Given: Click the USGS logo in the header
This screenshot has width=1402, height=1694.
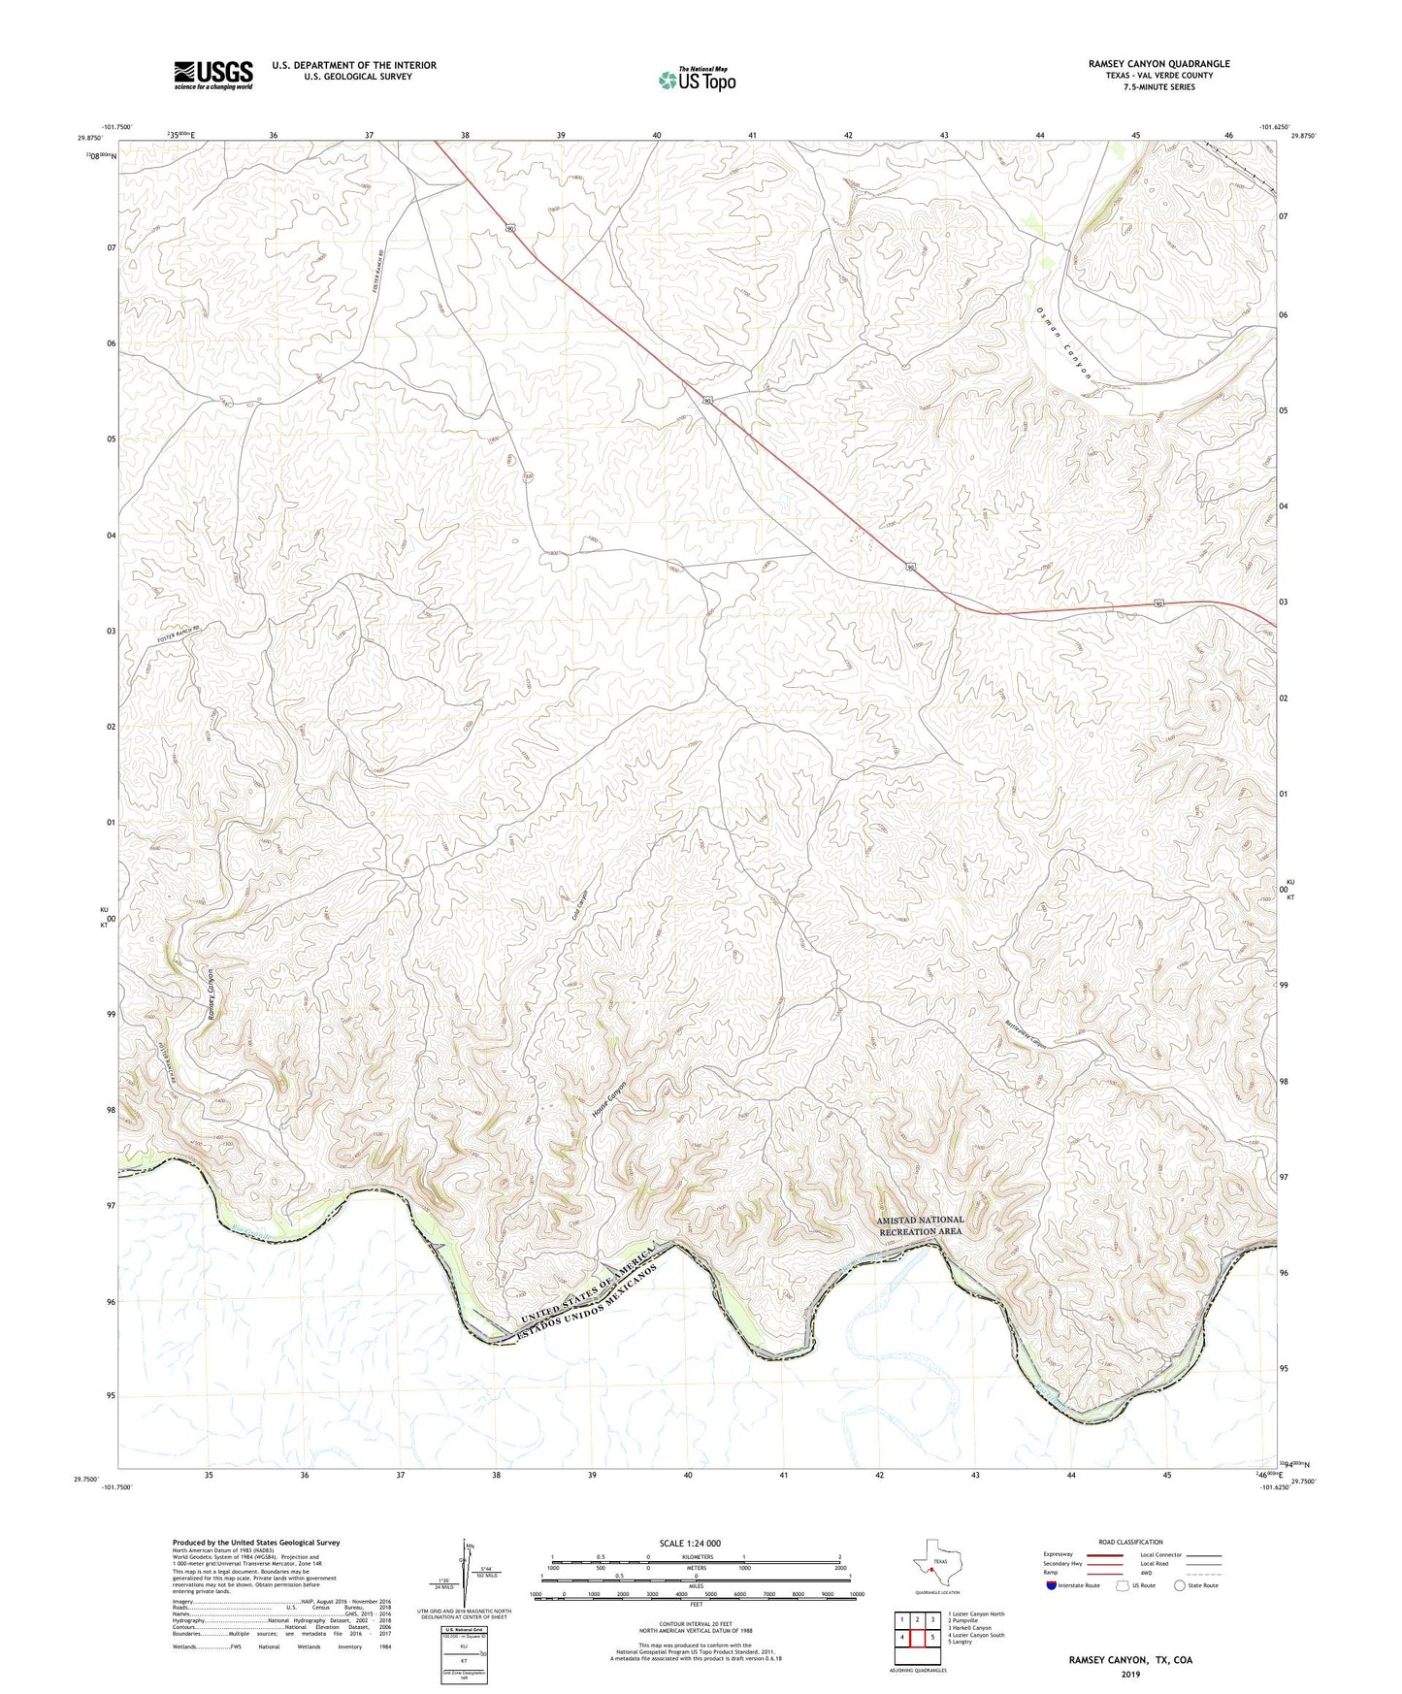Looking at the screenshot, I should [x=212, y=75].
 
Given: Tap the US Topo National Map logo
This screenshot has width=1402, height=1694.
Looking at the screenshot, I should [x=696, y=79].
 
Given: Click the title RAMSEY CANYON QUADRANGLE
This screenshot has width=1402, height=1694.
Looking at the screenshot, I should [x=1158, y=64].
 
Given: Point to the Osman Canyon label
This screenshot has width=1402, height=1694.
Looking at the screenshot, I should [x=1064, y=343].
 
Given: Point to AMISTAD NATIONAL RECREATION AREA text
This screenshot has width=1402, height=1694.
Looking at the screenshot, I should [x=920, y=1225].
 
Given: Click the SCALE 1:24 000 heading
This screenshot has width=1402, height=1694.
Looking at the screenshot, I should [x=690, y=1543].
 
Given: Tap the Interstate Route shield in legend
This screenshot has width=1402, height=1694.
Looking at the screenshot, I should [x=1053, y=1585].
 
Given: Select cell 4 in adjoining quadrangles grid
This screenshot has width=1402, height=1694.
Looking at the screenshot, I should [x=902, y=1638].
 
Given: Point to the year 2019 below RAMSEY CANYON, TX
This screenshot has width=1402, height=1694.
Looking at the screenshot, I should [x=1130, y=1674].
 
